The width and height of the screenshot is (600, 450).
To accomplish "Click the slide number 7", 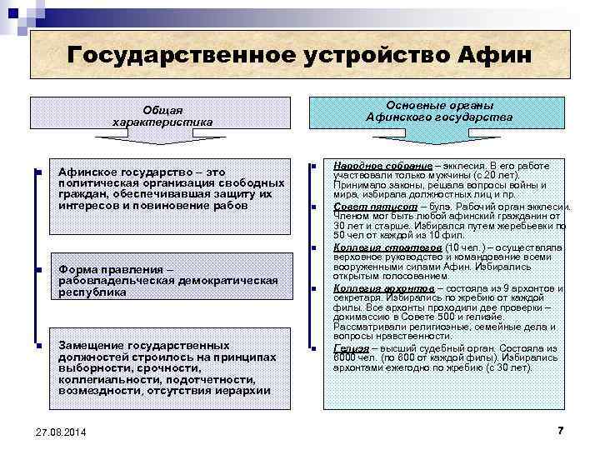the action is point(559,429).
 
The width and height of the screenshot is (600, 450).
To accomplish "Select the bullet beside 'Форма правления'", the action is point(38,271).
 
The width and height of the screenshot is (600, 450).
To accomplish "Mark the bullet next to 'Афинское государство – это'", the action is point(38,173).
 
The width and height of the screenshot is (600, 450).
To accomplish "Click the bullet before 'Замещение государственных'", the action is point(38,345).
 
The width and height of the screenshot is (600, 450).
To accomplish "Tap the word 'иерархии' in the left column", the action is point(242,390).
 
